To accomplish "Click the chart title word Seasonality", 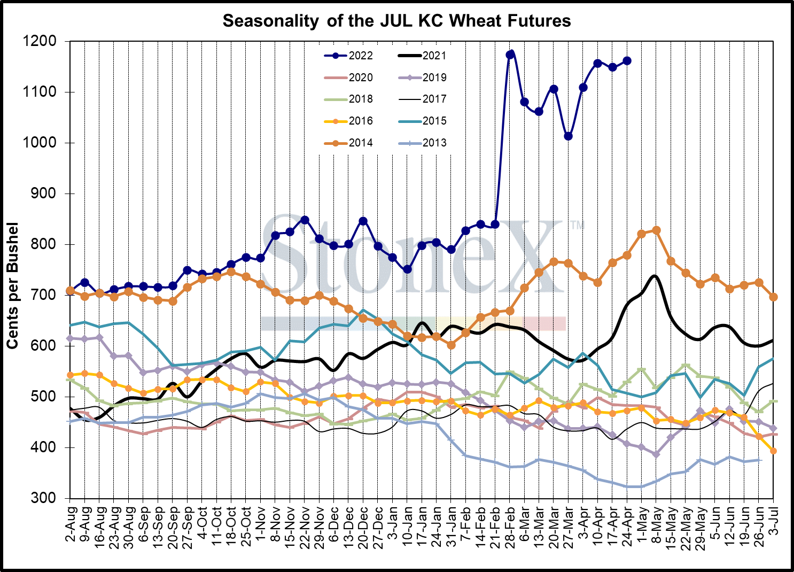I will point(267,21).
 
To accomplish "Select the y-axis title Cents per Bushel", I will point(13,286).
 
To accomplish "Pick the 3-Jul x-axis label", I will point(773,524).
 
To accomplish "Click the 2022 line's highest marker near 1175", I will point(511,54).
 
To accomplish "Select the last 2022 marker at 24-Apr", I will point(627,61).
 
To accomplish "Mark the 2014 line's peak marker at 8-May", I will point(657,230).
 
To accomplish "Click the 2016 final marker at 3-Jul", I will point(773,451).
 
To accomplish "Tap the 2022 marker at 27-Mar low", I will point(569,136).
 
